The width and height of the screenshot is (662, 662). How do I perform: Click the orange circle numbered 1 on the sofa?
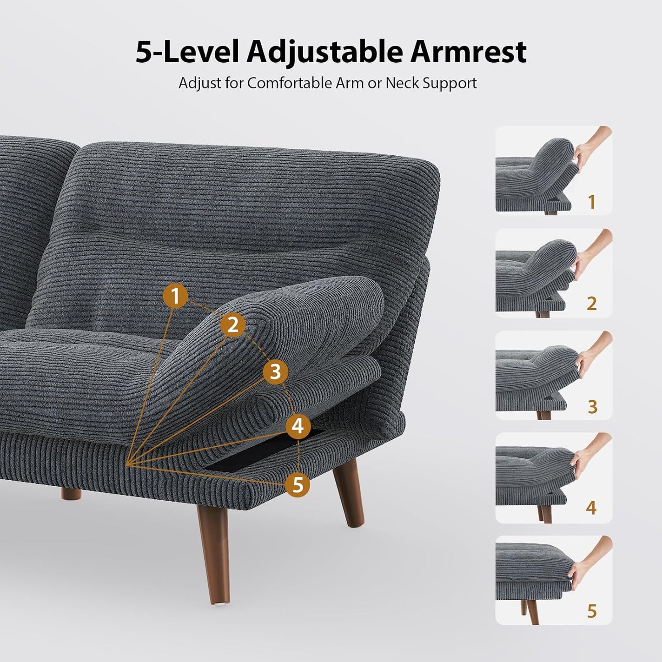pos(175,296)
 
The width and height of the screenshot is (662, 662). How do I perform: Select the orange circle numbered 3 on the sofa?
pos(275,372)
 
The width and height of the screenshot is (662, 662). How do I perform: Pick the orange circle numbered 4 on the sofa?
pos(298,426)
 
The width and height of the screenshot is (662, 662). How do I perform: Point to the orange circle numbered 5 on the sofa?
pos(298,484)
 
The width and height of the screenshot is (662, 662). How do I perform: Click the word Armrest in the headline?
pos(468,51)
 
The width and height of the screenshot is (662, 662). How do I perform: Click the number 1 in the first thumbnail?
pos(591,202)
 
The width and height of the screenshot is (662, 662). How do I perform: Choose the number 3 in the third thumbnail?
pos(592,406)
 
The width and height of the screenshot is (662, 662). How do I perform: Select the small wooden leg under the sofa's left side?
pos(71,494)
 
